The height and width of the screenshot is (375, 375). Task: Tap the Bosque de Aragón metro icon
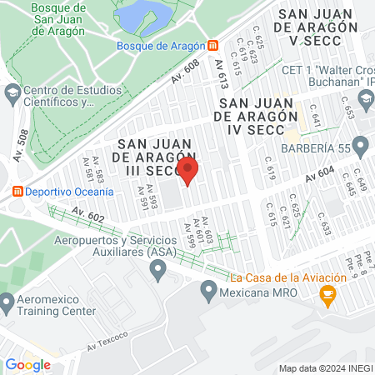(x=213, y=45)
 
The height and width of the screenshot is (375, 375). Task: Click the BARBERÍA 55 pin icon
(x=361, y=147)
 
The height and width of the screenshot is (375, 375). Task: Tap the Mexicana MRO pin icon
(x=208, y=292)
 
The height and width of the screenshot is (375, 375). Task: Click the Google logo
(x=27, y=364)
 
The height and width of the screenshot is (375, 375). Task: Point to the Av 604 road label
(x=319, y=175)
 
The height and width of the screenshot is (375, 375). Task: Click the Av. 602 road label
(x=93, y=215)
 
